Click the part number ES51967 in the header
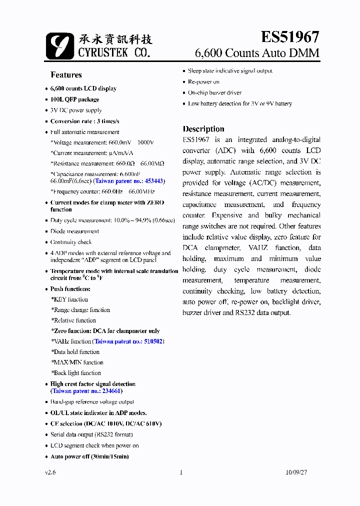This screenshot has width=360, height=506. click(289, 37)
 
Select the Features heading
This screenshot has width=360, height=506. click(66, 75)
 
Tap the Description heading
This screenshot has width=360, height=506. click(203, 129)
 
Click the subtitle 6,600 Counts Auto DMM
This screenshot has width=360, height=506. click(256, 53)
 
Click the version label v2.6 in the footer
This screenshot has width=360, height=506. click(50, 472)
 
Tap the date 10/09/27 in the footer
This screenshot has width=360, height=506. click(297, 472)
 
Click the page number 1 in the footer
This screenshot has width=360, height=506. click(181, 472)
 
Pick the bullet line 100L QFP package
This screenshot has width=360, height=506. click(74, 99)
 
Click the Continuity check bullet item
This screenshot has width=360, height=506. click(71, 242)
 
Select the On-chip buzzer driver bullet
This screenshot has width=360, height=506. click(214, 93)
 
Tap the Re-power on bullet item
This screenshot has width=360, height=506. click(203, 82)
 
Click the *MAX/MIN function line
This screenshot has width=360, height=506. click(77, 362)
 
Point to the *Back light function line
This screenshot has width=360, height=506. click(76, 373)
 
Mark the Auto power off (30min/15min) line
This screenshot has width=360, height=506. click(89, 456)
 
